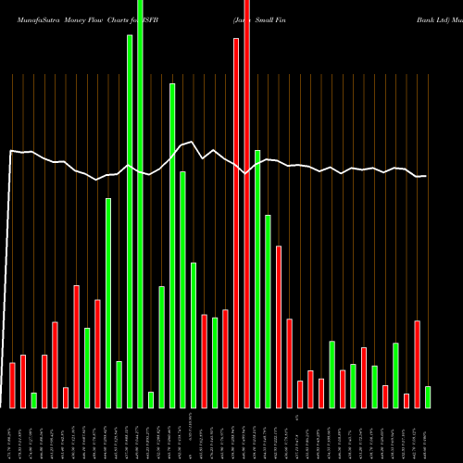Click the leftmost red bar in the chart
coord(13,385)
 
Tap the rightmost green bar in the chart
coord(427,397)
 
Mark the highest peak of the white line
coord(192,142)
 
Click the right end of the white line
coord(426,176)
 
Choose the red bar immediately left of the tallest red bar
coord(236,223)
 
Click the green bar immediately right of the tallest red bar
coord(257,279)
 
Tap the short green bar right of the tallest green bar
coord(151,400)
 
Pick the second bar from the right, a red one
coord(417,364)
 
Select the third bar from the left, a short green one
coord(34,400)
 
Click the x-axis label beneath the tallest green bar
coord(141,435)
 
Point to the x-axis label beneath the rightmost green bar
coord(427,435)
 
